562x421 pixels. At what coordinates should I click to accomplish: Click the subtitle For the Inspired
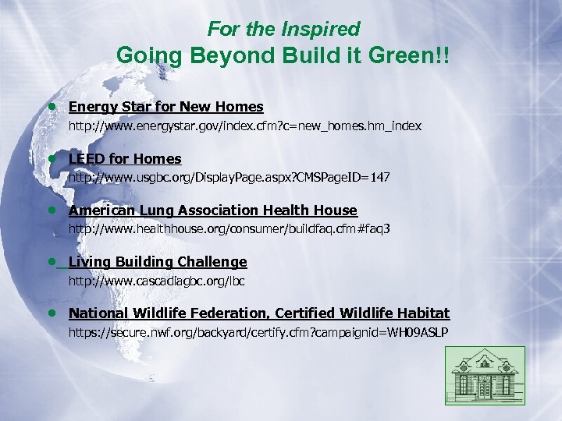pyautogui.click(x=283, y=30)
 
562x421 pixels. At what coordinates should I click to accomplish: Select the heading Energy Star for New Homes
pyautogui.click(x=165, y=107)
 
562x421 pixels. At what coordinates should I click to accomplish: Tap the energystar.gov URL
pyautogui.click(x=245, y=126)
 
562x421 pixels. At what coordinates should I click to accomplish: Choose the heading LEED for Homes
pyautogui.click(x=125, y=159)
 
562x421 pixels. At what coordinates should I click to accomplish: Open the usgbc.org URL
pyautogui.click(x=229, y=178)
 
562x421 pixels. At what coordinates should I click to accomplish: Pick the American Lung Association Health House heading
pyautogui.click(x=212, y=210)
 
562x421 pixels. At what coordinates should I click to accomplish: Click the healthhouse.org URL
pyautogui.click(x=229, y=229)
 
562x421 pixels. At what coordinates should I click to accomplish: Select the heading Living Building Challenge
pyautogui.click(x=157, y=262)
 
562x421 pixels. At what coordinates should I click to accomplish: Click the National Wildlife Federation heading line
pyautogui.click(x=259, y=313)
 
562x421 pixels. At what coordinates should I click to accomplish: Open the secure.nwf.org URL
pyautogui.click(x=258, y=333)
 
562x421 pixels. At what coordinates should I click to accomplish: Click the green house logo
pyautogui.click(x=485, y=376)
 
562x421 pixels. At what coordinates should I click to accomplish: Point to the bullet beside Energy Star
pyautogui.click(x=51, y=107)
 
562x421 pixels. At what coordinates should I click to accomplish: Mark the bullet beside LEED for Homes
pyautogui.click(x=51, y=159)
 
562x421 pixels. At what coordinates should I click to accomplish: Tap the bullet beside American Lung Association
pyautogui.click(x=51, y=210)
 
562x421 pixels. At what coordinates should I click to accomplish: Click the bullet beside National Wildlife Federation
pyautogui.click(x=51, y=313)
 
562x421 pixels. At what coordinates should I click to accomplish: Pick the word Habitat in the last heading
pyautogui.click(x=423, y=313)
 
